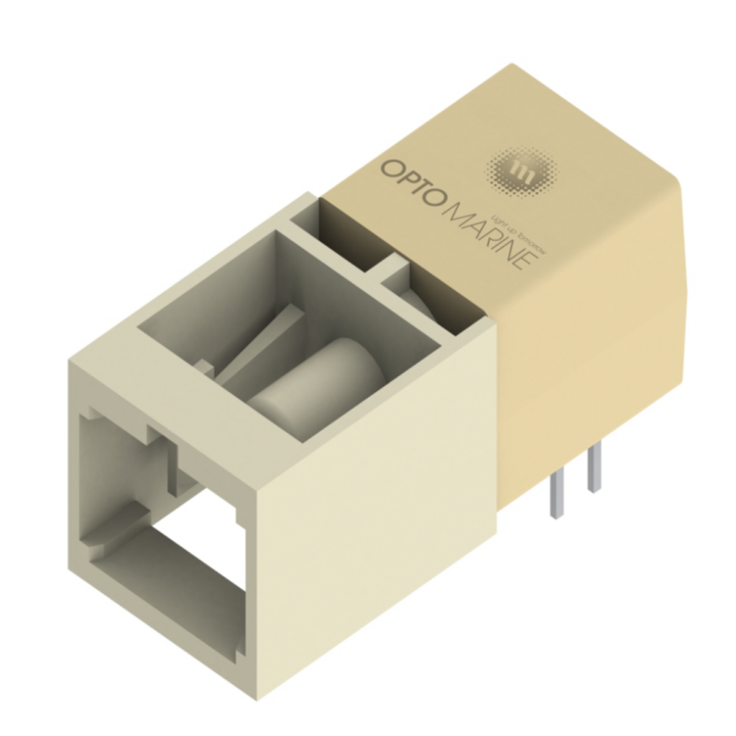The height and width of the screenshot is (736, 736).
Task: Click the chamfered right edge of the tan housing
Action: coord(688,243)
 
